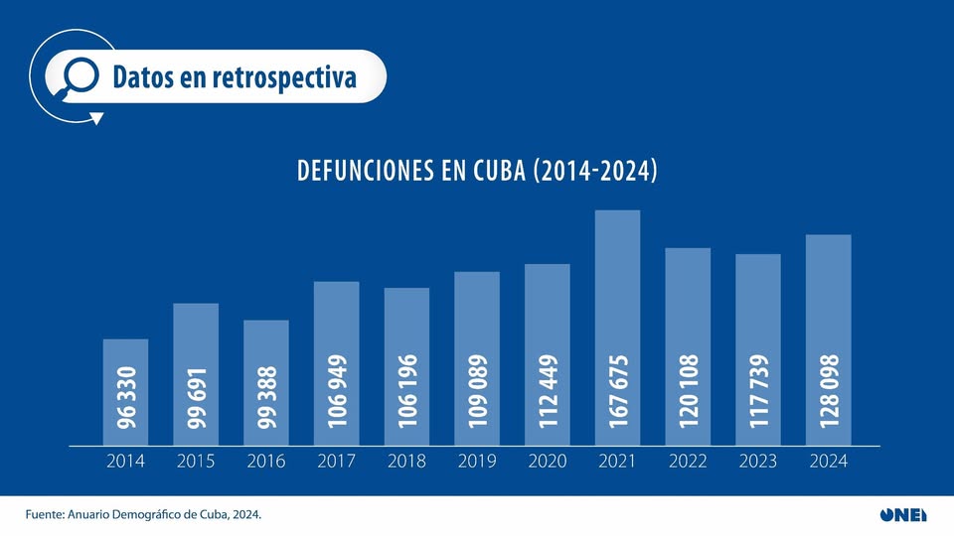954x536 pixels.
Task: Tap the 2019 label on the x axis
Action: click(477, 462)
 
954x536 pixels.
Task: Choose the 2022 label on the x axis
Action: click(688, 462)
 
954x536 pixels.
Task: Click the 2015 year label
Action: click(196, 462)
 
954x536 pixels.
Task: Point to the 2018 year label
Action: click(406, 462)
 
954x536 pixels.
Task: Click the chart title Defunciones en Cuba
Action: click(477, 171)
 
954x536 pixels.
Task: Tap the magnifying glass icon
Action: click(79, 76)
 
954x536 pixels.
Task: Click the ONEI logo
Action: click(902, 514)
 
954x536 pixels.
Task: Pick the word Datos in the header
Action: click(143, 76)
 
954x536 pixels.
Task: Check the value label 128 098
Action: click(829, 391)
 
